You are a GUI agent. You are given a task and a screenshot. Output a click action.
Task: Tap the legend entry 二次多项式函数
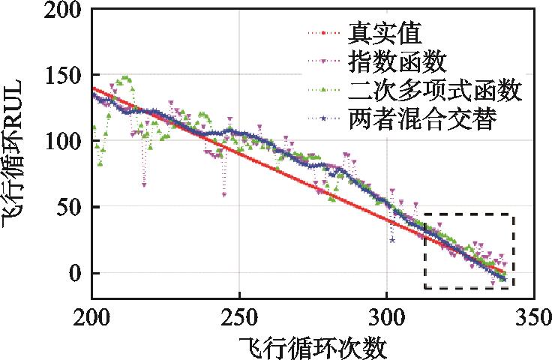click(435, 91)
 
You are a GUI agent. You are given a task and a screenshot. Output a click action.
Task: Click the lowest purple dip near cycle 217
click(143, 184)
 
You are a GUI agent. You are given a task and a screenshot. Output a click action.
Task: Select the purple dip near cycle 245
click(223, 194)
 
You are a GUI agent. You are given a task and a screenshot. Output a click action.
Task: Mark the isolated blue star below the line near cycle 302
click(391, 240)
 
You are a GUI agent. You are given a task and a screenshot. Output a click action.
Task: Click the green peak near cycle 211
click(126, 78)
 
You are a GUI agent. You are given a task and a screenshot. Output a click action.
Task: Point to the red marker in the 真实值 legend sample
click(323, 34)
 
